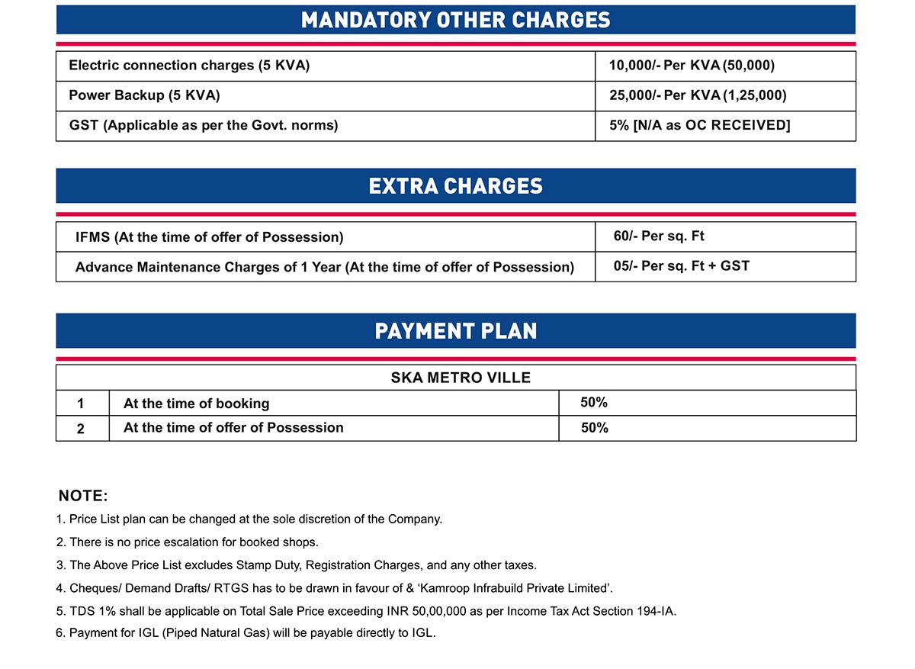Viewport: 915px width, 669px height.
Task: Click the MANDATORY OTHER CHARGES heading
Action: pyautogui.click(x=456, y=20)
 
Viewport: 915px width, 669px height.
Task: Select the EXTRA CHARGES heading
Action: pyautogui.click(x=456, y=186)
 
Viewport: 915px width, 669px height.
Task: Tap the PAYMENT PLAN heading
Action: pyautogui.click(x=456, y=331)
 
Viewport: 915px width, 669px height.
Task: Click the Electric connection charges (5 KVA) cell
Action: pyautogui.click(x=189, y=66)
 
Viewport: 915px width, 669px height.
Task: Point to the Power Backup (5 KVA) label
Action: pyautogui.click(x=144, y=95)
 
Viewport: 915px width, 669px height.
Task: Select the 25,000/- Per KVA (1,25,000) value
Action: pyautogui.click(x=698, y=95)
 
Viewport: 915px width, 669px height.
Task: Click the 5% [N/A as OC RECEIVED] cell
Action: pyautogui.click(x=699, y=125)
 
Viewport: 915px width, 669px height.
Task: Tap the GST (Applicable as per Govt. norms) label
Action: pyautogui.click(x=203, y=125)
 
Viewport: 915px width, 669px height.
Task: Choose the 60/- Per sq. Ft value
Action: pyautogui.click(x=659, y=236)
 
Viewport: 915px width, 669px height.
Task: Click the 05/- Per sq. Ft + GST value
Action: pyautogui.click(x=681, y=266)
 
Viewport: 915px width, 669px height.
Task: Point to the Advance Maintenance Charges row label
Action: pyautogui.click(x=324, y=267)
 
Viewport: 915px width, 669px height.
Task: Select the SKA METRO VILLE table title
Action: pyautogui.click(x=456, y=378)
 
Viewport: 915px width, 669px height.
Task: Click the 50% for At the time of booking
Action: pyautogui.click(x=594, y=403)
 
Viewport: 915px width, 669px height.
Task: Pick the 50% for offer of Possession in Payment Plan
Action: pyautogui.click(x=594, y=428)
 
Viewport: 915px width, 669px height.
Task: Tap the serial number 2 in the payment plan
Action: pyautogui.click(x=81, y=429)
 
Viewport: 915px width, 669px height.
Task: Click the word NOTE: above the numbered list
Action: pyautogui.click(x=83, y=496)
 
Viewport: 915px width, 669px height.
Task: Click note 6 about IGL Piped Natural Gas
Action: pyautogui.click(x=246, y=633)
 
